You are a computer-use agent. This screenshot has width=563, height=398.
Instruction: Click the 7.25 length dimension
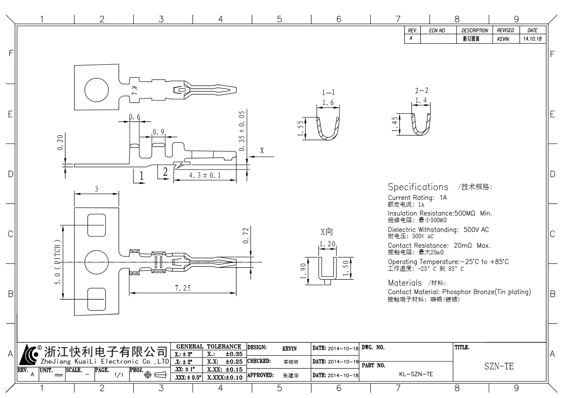tap(182, 288)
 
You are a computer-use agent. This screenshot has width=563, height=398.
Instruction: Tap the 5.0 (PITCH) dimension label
tap(58, 263)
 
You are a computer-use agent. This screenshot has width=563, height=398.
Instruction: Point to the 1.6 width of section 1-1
tap(328, 103)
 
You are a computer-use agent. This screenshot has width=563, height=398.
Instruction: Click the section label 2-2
tap(421, 91)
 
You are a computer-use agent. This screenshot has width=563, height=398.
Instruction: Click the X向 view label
tap(327, 232)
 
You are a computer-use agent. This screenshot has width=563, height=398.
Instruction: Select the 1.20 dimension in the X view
tap(327, 244)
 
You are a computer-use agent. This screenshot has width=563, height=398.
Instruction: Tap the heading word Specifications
tap(418, 187)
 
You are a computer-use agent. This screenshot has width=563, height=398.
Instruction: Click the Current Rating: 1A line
tap(417, 197)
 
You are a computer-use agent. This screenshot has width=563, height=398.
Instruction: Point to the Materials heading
tap(405, 282)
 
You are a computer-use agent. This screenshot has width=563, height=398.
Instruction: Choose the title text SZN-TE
tap(499, 367)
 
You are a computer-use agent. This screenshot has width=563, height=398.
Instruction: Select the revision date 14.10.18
tap(531, 39)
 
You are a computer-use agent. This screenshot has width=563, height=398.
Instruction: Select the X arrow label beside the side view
tap(262, 150)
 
